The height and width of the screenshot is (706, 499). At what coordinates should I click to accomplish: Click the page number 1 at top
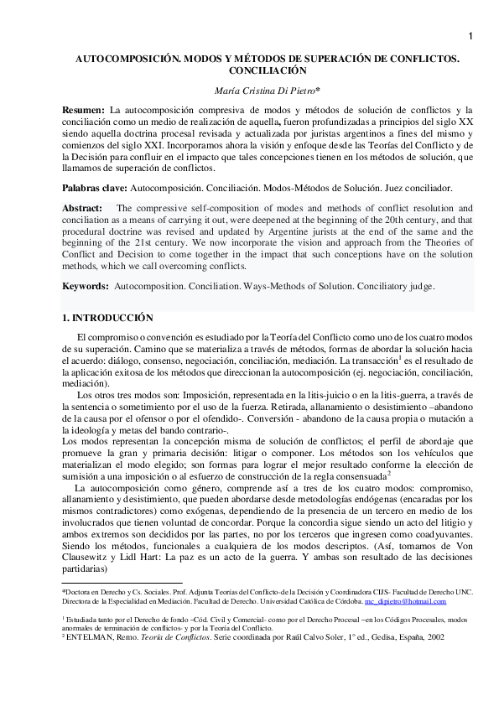470,35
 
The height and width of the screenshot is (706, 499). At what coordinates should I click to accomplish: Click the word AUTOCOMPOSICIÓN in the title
124,60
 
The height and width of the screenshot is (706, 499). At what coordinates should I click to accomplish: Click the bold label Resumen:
84,110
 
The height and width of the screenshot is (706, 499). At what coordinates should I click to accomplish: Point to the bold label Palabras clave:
96,189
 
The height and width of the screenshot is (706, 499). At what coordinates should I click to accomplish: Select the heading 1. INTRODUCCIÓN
107,318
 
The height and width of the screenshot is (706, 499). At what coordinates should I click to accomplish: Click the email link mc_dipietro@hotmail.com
405,601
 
